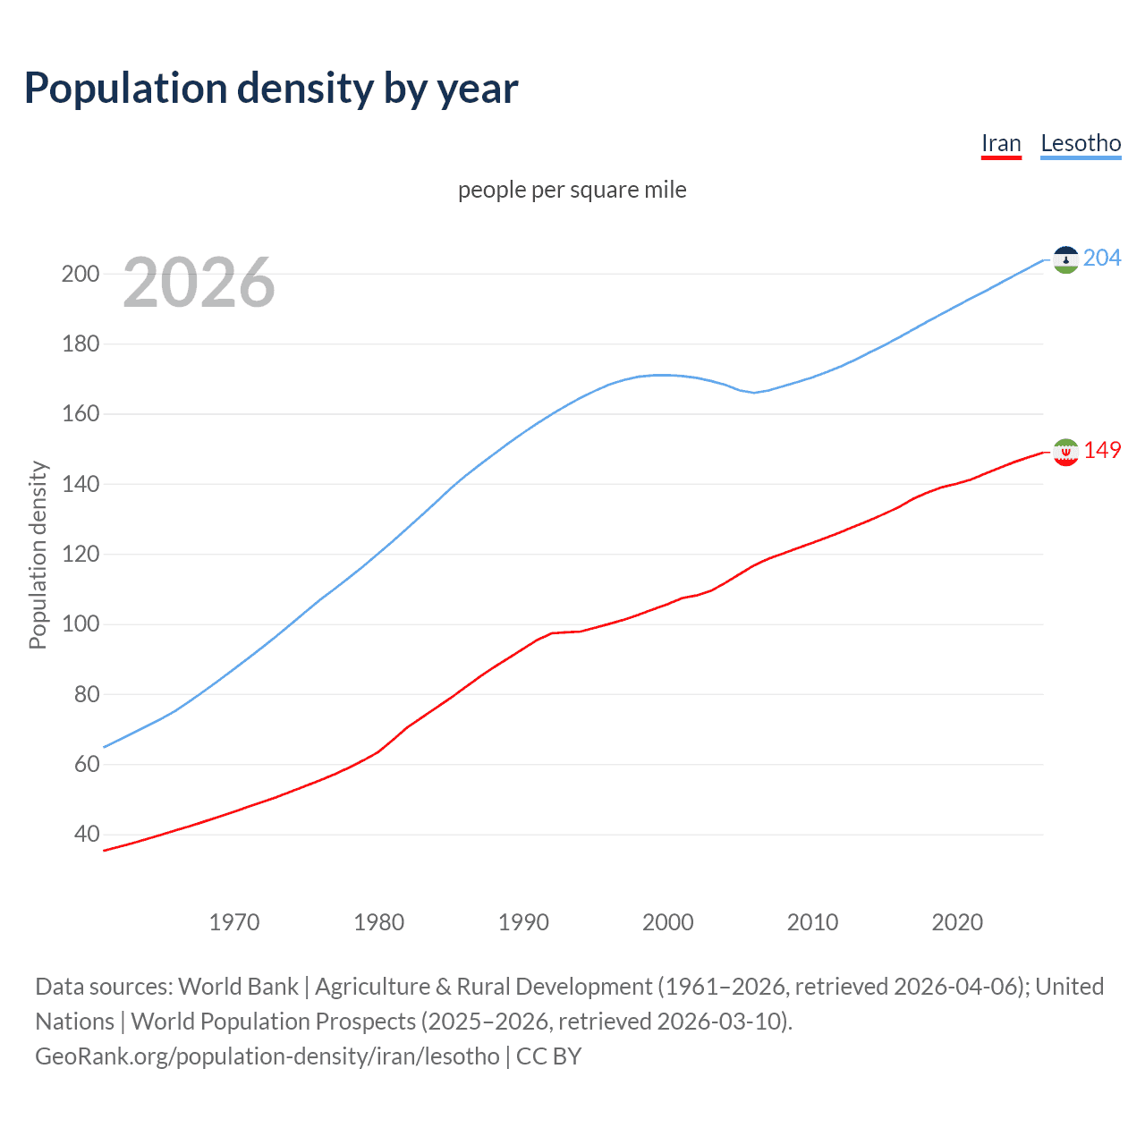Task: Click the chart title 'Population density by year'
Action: (271, 89)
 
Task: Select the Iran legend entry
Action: (1001, 143)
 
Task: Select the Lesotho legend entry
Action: (1081, 143)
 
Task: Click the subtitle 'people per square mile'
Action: (572, 190)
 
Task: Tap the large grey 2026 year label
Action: (199, 283)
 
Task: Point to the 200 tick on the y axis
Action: (81, 274)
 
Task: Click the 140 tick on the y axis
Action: (81, 484)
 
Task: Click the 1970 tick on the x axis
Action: (234, 922)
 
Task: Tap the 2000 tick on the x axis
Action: (668, 922)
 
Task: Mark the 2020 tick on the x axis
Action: (957, 922)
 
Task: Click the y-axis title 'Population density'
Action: (38, 555)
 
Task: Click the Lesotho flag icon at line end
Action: (1065, 259)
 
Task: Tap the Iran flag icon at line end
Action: (1065, 452)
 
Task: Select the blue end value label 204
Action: (1102, 259)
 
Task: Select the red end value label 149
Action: (1102, 450)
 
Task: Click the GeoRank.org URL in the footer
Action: (267, 1056)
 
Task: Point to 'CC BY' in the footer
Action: (549, 1056)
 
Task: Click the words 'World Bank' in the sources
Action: (238, 987)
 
